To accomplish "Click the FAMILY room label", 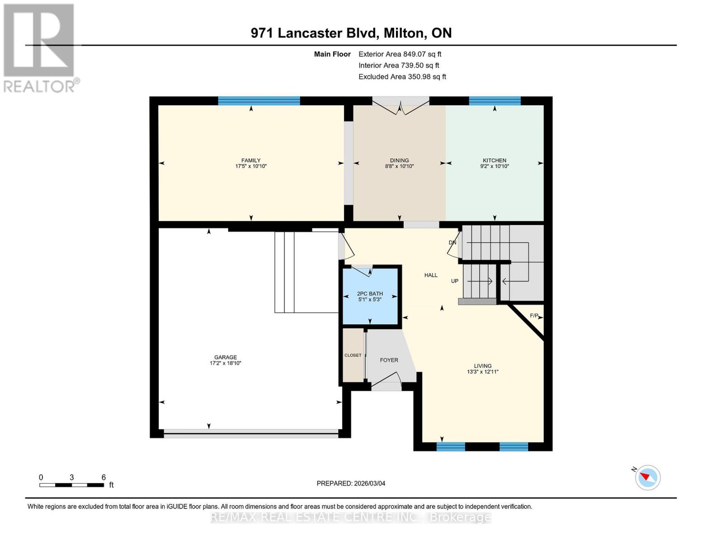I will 251,161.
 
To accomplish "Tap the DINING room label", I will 399,161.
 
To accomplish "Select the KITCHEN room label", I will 494,161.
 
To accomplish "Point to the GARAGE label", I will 226,358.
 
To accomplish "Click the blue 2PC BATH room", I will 370,296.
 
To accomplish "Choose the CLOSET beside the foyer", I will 353,355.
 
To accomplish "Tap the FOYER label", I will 389,360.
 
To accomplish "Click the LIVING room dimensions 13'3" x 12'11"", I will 482,372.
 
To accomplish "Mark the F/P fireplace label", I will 534,316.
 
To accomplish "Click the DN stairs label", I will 452,243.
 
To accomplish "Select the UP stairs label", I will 455,281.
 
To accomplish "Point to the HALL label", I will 431,276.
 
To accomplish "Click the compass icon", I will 647,477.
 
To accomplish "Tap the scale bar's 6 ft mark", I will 104,478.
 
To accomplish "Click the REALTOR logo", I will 40,47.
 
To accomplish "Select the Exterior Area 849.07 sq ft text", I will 400,54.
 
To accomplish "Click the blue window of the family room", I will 259,101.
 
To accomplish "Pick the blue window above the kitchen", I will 495,101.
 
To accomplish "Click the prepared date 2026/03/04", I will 351,484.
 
